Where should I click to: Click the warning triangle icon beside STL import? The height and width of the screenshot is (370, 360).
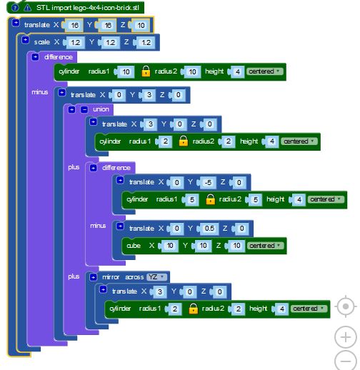pyautogui.click(x=28, y=8)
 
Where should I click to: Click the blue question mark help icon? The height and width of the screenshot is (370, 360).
pyautogui.click(x=15, y=8)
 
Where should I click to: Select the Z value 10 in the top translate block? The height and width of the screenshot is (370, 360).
pyautogui.click(x=141, y=25)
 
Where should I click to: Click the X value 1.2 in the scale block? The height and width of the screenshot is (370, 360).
pyautogui.click(x=75, y=43)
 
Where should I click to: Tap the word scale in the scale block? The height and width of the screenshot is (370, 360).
pyautogui.click(x=42, y=42)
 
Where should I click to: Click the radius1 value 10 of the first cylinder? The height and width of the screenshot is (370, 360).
pyautogui.click(x=126, y=71)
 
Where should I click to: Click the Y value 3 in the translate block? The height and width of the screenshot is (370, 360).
pyautogui.click(x=149, y=95)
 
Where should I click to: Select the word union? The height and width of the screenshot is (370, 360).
pyautogui.click(x=101, y=109)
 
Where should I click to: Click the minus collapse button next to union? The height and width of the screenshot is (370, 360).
pyautogui.click(x=84, y=109)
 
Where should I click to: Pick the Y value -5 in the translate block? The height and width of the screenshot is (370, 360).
pyautogui.click(x=208, y=182)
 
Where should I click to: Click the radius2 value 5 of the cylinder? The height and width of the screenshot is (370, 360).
pyautogui.click(x=255, y=199)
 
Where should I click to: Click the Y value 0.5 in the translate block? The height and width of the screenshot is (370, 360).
pyautogui.click(x=209, y=229)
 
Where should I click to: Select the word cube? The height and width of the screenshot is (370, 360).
pyautogui.click(x=134, y=246)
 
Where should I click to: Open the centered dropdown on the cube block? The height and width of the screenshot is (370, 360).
pyautogui.click(x=265, y=246)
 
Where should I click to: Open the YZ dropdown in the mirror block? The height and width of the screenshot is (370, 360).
pyautogui.click(x=156, y=277)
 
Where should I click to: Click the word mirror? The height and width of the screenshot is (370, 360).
pyautogui.click(x=111, y=277)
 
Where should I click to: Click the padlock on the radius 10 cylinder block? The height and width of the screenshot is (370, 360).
pyautogui.click(x=146, y=71)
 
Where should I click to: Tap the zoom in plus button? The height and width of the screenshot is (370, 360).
pyautogui.click(x=346, y=337)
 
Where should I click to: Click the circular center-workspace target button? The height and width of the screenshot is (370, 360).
pyautogui.click(x=346, y=306)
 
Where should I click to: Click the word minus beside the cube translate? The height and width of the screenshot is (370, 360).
pyautogui.click(x=98, y=226)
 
